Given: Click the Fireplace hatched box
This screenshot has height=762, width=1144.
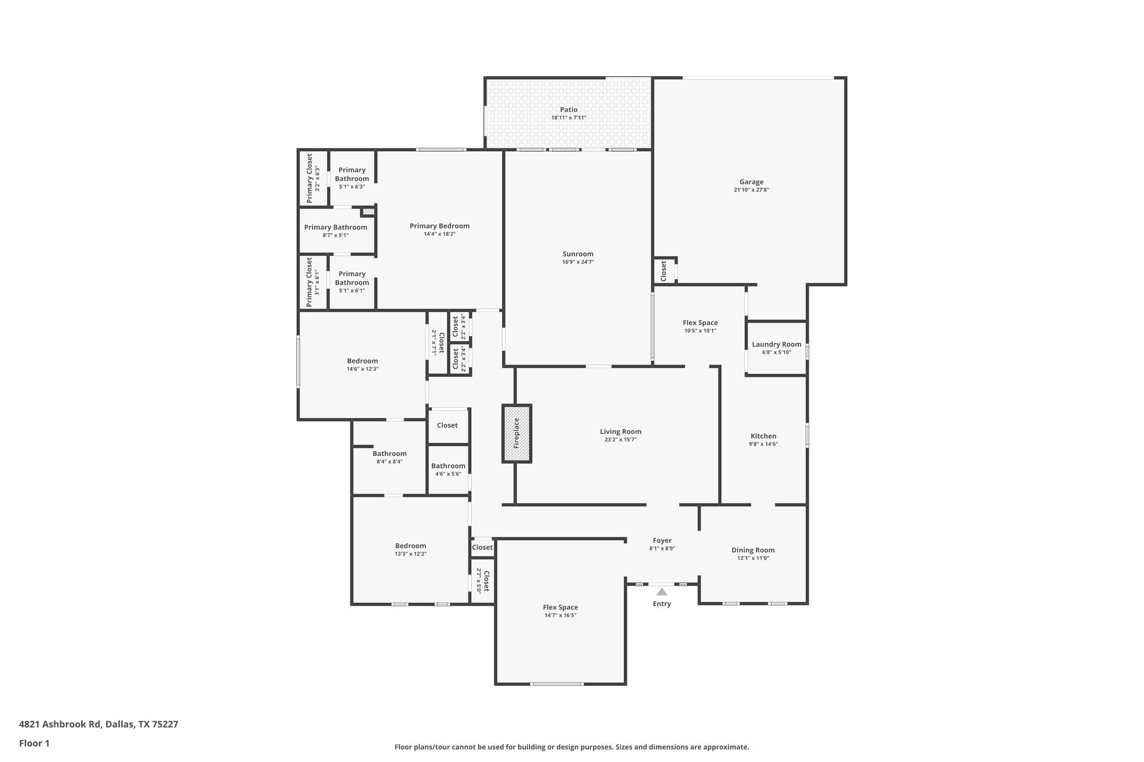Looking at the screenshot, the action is point(517,433).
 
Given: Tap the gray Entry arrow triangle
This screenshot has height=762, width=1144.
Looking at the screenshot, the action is point(662,592).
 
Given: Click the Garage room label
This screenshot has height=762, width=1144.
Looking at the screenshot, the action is point(751,182).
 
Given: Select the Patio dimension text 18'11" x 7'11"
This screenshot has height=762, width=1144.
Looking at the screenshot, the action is point(568,118).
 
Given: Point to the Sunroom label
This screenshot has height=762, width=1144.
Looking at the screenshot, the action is point(578,254).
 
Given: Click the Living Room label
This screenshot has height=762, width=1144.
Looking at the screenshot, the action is point(620,432).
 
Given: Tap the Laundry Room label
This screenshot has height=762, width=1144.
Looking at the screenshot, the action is point(776,344).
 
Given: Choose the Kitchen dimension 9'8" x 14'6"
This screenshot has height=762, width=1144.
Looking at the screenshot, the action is point(763,444).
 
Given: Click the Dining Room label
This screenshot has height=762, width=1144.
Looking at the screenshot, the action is point(753,550).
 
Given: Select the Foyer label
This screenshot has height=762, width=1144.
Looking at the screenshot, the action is point(662,541).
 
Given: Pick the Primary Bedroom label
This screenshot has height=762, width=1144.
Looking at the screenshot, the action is point(440,226).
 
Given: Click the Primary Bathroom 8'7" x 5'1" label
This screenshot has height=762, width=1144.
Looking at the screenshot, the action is point(335,227).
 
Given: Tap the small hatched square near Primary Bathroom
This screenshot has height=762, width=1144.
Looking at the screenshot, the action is point(369,211).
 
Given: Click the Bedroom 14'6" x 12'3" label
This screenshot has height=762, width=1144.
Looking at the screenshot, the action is point(362,361).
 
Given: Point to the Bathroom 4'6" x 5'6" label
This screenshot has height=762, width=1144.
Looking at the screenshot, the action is point(448,466).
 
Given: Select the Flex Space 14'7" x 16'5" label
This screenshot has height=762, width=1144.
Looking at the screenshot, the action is point(560,607).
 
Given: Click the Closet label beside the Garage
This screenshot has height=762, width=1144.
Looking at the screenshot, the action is point(664,271).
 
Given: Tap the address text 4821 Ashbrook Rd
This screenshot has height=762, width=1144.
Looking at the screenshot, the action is point(60,724).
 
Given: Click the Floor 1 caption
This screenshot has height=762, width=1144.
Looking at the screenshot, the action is point(34,743).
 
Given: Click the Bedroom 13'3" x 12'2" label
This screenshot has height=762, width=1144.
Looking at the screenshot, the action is point(411,546).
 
